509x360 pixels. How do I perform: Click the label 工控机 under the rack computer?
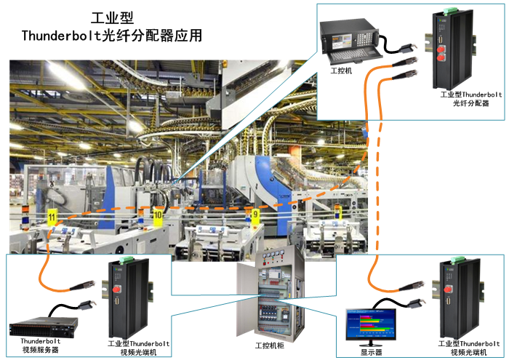coord(341,70)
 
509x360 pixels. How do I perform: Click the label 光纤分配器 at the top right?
coord(470,103)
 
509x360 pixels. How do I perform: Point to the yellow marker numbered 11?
coord(51,217)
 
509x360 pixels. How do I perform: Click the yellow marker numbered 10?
coord(158,215)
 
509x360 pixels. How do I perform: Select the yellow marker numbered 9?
coord(254,215)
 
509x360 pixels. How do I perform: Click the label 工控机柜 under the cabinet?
coord(270,344)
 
